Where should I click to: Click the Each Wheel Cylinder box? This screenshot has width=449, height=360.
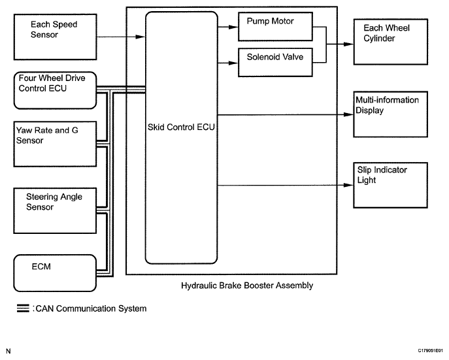386,41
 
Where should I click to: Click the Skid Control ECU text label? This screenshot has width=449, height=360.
181,127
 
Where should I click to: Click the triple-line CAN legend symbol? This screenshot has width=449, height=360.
22,308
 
